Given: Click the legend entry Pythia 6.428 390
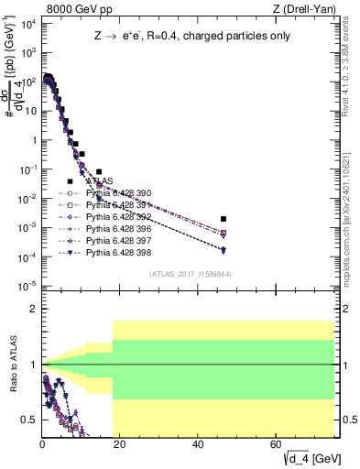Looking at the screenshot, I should (117, 193).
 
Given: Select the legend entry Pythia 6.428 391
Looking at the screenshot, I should (117, 204).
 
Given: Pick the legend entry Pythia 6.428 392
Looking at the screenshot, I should (117, 216).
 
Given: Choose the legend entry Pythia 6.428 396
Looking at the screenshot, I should (117, 227).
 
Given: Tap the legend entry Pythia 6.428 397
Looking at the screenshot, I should (117, 239).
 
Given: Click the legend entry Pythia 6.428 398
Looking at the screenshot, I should (117, 250).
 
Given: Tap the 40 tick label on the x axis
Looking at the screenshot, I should (199, 444).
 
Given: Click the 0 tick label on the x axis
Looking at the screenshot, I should (42, 444).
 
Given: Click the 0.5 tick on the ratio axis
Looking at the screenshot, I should (28, 420).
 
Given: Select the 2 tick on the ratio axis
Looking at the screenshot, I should (34, 309).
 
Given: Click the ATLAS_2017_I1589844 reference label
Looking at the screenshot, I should (191, 274).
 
